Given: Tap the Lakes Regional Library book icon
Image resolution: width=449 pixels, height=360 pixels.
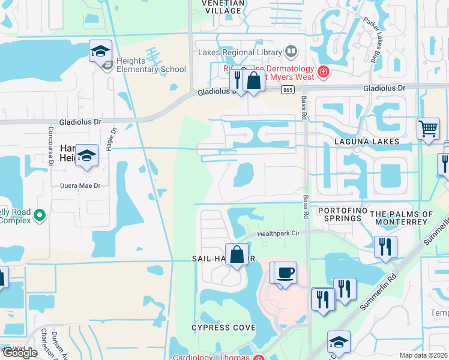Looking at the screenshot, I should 291,52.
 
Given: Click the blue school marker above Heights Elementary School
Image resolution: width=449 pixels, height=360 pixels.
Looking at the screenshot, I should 101,51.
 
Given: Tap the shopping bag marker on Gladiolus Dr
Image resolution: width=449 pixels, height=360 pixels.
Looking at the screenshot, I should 254,81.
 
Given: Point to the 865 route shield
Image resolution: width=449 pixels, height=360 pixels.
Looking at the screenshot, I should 288,89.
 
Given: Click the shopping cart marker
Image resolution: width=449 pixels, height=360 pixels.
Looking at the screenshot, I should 428,128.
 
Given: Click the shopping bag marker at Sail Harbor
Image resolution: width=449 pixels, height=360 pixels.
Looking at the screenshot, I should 237,254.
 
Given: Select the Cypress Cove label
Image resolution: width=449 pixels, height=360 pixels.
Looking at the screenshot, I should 223,328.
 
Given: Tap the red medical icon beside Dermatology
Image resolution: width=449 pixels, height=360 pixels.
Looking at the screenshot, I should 324,73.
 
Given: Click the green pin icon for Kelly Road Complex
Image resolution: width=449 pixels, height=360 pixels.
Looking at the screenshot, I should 40,214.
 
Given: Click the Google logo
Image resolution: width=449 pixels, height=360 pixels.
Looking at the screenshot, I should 20,353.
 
